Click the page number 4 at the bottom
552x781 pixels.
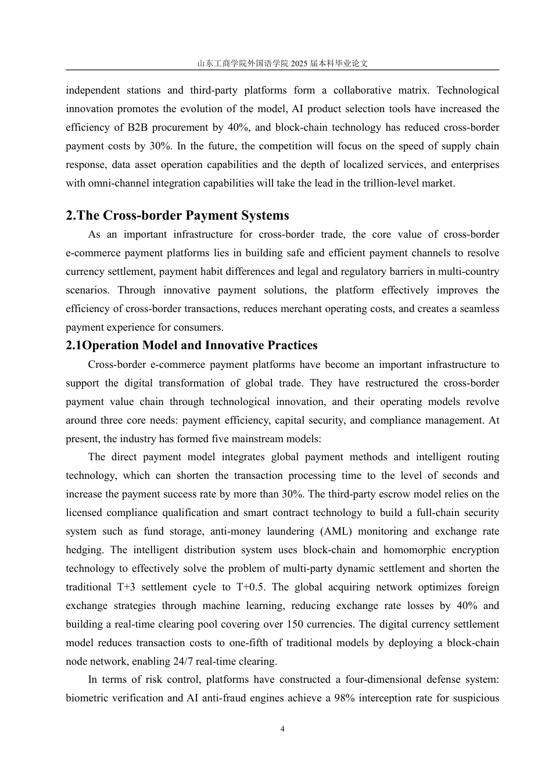[x=282, y=729]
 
